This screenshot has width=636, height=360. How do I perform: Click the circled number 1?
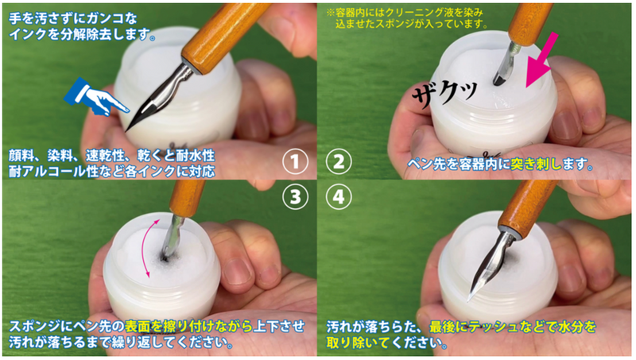click(x=295, y=162)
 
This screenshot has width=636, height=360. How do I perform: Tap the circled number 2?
click(x=339, y=162)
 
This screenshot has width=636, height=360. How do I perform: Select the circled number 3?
click(x=295, y=197)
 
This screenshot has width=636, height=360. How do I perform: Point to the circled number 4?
click(x=339, y=197)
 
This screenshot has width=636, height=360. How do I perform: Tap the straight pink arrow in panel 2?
click(x=541, y=60)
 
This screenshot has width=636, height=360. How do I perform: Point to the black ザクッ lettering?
click(x=444, y=93)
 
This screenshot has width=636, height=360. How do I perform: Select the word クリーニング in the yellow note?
click(x=409, y=13)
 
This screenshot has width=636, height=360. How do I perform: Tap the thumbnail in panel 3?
click(x=238, y=273)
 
